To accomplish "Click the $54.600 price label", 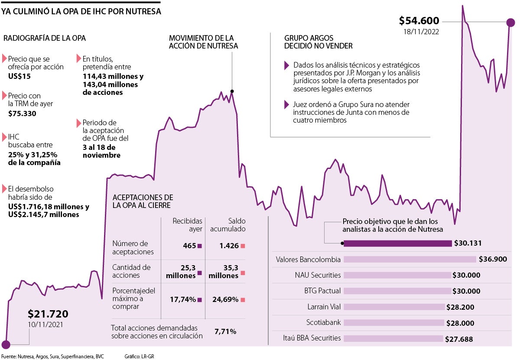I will [419, 21].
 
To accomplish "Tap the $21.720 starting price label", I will [48, 314].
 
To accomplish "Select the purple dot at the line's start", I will [6, 344].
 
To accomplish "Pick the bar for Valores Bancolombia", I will [409, 259].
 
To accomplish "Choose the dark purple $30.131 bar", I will [397, 243].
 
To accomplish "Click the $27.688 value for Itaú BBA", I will [459, 339].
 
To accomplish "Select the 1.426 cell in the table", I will [229, 246].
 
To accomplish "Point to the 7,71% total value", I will [225, 331].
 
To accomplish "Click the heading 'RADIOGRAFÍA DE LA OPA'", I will [45, 38].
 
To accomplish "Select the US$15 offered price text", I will [19, 76].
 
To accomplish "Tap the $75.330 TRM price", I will [22, 114].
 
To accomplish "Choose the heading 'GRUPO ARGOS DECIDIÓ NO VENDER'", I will [318, 42].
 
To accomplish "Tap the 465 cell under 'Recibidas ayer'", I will [189, 246].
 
